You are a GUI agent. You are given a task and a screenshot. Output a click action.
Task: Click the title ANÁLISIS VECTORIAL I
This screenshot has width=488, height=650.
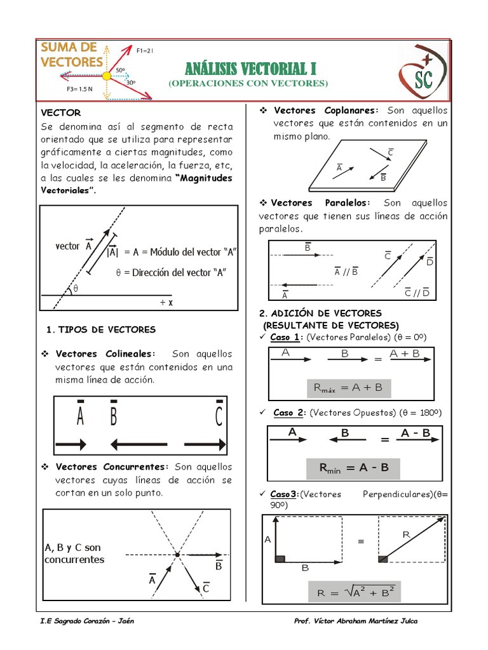pos(250,69)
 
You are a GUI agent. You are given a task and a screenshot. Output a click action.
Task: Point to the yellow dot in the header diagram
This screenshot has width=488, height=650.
pos(106,76)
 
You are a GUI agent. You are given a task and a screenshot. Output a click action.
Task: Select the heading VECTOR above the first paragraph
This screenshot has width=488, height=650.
pos(61,112)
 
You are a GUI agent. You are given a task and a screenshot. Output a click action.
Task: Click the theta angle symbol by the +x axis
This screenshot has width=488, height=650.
pos(76,288)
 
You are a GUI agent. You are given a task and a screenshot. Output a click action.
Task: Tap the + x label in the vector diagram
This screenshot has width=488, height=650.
pos(166,303)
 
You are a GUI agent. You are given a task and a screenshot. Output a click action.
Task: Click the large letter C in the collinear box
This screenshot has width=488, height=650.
pos(219,417)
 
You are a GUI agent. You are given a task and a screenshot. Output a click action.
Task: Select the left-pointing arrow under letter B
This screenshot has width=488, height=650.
pos(138,444)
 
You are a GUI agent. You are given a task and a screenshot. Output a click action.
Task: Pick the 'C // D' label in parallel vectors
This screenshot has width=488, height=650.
pos(417,293)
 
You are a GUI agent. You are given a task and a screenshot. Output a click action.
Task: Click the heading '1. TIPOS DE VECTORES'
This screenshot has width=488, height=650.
pos(102,329)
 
